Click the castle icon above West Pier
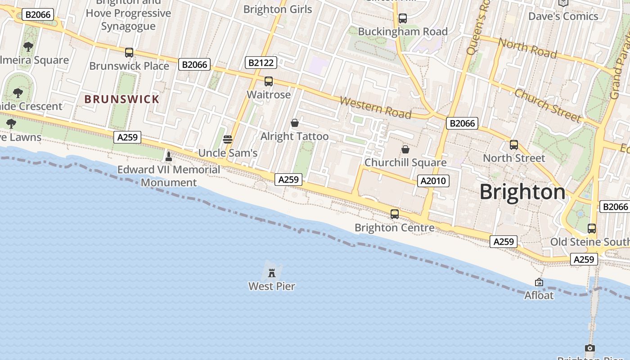(272, 273)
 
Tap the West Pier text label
(272, 286)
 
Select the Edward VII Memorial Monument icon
(169, 157)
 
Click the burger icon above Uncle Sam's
(228, 139)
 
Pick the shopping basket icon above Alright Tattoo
(295, 122)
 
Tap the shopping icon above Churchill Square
(405, 149)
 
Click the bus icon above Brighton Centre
(395, 214)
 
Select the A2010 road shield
(433, 181)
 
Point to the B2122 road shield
(261, 63)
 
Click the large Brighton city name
(522, 192)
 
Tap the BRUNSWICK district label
(122, 99)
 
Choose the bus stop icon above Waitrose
(269, 81)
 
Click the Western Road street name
(375, 108)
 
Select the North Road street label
(527, 49)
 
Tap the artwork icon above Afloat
(539, 282)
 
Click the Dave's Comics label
(563, 17)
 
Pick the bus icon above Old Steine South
(592, 229)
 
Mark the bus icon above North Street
(514, 145)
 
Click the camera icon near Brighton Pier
(590, 348)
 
